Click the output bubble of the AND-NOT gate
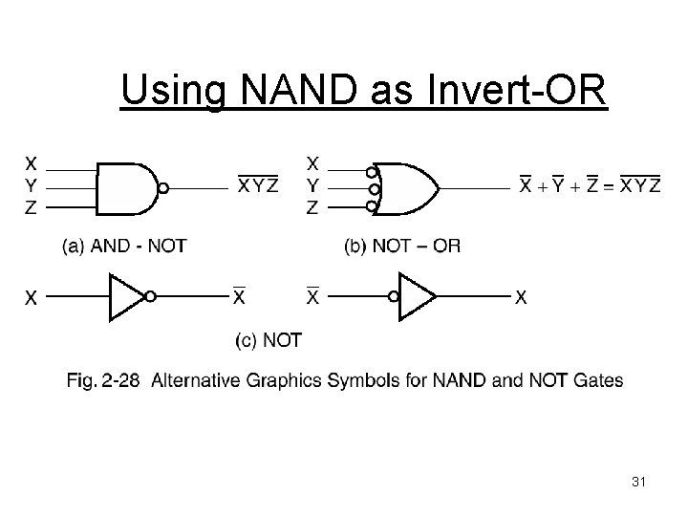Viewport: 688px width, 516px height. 163,188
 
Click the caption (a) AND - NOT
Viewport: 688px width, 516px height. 124,246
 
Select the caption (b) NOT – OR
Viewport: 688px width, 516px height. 401,246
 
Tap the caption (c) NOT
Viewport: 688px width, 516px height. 269,339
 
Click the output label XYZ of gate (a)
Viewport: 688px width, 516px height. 258,185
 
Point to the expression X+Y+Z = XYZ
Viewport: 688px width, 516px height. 589,185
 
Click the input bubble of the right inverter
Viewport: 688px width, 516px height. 393,297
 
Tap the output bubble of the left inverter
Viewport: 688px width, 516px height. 150,297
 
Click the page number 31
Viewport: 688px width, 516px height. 639,484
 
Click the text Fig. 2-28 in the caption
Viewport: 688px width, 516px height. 102,381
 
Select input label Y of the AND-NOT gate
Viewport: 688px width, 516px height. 32,184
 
